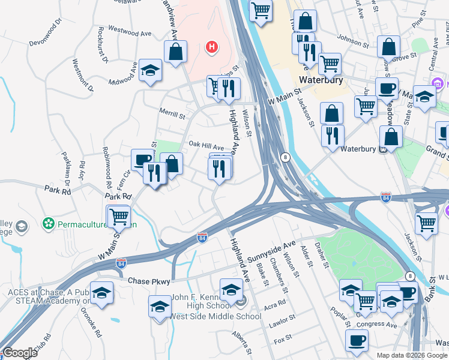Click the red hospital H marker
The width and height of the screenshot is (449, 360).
[x=211, y=46]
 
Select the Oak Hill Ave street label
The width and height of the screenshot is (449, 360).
[x=206, y=145]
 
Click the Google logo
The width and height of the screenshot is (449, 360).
[x=20, y=353]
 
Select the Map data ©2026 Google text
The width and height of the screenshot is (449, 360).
[x=412, y=355]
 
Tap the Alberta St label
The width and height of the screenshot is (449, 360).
[x=245, y=335]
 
